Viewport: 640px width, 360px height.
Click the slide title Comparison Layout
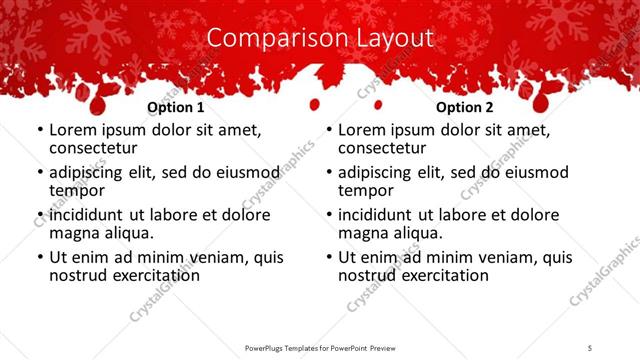coord(320,38)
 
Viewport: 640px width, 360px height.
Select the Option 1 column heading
coord(176,107)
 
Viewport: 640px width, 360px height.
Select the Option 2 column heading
coord(465,107)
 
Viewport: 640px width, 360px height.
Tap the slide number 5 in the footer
coord(590,348)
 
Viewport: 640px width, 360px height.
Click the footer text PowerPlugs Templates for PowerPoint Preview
coord(320,348)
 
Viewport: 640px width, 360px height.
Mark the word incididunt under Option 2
coord(382,215)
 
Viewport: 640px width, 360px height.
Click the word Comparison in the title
coord(265,38)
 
